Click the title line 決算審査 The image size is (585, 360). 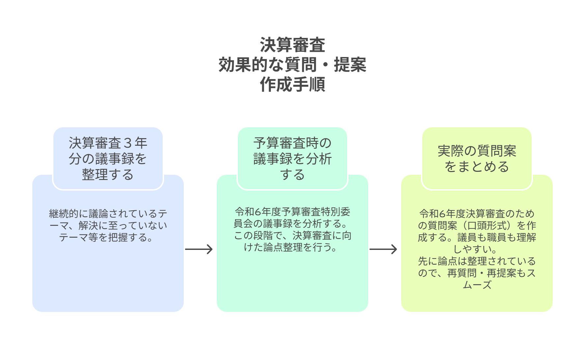292,45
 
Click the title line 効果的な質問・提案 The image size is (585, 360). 292,65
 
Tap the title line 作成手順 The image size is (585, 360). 292,84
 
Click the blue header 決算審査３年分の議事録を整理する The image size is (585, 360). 108,159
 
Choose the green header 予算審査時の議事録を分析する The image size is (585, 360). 292,159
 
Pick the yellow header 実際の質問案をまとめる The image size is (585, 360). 477,159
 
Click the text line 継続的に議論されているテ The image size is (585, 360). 108,214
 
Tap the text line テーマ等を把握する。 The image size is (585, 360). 108,237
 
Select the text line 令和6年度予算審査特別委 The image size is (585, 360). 292,212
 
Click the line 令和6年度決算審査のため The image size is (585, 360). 477,214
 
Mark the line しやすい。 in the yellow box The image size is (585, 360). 477,249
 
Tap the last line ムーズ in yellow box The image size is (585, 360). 477,285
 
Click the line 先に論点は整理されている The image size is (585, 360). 477,261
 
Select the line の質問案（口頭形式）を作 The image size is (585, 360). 477,225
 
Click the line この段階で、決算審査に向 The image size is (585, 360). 292,235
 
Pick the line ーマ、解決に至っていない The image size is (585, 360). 108,225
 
